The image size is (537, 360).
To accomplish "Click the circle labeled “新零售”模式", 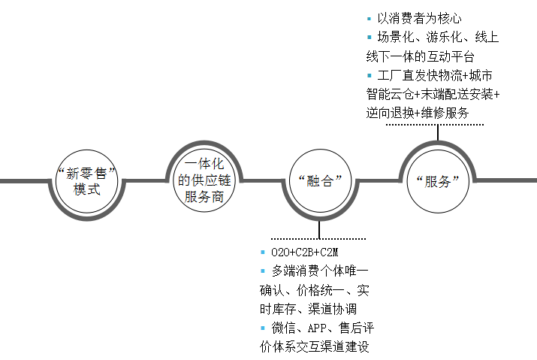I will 87,180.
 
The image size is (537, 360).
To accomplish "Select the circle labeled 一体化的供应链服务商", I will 205,180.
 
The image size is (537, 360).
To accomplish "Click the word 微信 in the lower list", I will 282,328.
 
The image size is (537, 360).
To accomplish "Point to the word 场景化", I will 395,38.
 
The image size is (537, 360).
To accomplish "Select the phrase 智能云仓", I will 391,95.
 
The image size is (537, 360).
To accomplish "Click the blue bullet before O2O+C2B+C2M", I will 262,252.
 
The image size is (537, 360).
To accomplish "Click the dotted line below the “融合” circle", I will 320,237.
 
